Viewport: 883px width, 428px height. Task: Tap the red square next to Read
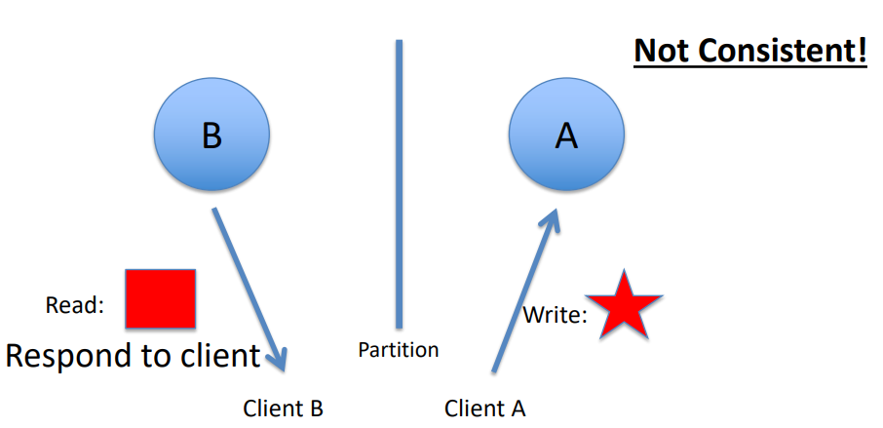[x=160, y=298]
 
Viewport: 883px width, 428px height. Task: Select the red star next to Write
[x=624, y=305]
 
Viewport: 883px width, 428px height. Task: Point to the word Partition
[x=399, y=349]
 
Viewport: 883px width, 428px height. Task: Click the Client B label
[x=283, y=409]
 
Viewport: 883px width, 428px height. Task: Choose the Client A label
[x=485, y=409]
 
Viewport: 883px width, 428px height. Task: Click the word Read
[x=74, y=305]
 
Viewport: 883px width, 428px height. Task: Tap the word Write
[x=554, y=315]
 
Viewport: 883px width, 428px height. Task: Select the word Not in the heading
[x=659, y=51]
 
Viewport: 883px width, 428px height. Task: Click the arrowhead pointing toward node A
[x=552, y=220]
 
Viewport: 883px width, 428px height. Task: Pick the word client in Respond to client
[x=219, y=356]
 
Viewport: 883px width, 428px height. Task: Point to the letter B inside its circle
[x=211, y=136]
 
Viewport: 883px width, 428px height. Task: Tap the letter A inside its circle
[x=566, y=136]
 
